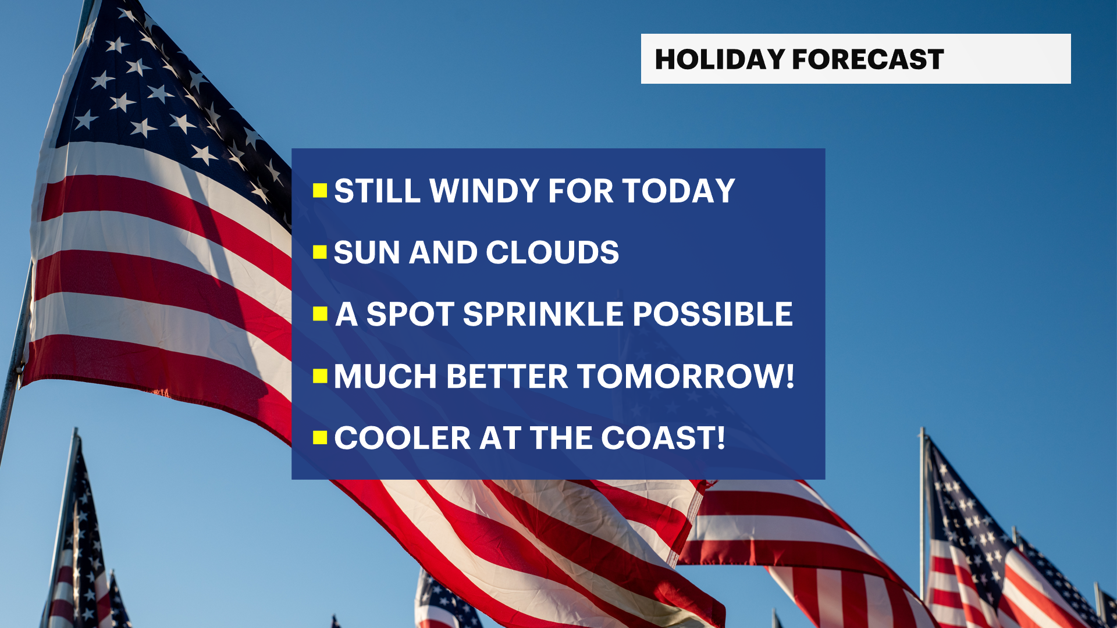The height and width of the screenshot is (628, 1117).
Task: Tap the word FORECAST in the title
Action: click(x=868, y=59)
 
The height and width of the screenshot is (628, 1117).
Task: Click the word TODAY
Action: click(x=679, y=191)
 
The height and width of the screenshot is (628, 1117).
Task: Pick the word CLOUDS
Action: click(x=553, y=252)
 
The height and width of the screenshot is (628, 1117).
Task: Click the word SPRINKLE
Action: click(x=543, y=314)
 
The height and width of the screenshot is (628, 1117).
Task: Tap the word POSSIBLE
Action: click(x=713, y=314)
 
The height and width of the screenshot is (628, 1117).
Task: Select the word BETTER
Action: click(x=507, y=376)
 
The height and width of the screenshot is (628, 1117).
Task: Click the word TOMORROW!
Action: click(x=686, y=376)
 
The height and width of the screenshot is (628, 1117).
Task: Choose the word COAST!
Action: click(x=663, y=438)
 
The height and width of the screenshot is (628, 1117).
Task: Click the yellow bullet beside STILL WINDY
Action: click(x=320, y=191)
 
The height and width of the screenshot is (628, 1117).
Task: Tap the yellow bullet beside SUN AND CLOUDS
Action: click(x=320, y=252)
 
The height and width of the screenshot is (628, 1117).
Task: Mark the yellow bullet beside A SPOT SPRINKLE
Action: click(x=320, y=314)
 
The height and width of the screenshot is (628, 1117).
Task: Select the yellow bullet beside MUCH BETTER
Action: click(x=320, y=376)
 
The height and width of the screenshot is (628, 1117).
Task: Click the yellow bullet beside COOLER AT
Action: click(x=320, y=438)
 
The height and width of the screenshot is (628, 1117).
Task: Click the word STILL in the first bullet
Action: click(x=378, y=191)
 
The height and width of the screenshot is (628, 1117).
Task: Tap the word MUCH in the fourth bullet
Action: click(x=386, y=376)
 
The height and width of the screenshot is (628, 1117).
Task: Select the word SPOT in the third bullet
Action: click(x=410, y=314)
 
